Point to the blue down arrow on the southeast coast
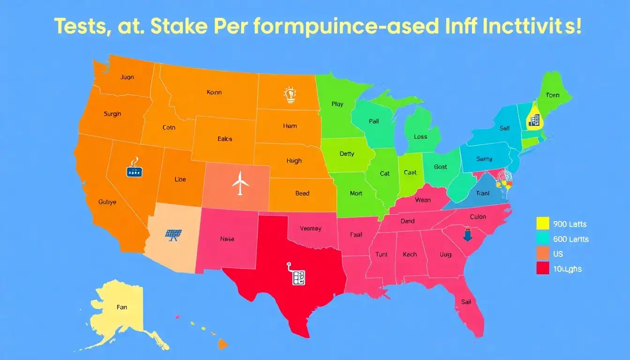point(467,234)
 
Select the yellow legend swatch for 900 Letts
point(542,224)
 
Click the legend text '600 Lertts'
point(570,239)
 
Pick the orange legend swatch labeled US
point(542,254)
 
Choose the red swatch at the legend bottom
point(542,269)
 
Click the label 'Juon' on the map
point(127,77)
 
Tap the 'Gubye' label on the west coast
point(107,202)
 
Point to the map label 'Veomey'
point(310,228)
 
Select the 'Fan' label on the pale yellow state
point(121,307)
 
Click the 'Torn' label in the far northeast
point(553,95)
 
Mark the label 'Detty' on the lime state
point(347,154)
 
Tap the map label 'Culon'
point(478,217)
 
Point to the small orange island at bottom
point(222,345)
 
